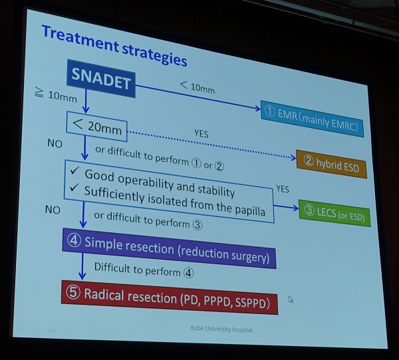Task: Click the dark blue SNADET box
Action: pos(101,79)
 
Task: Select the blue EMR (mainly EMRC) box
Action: pos(312,119)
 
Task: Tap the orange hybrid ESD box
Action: pos(332,164)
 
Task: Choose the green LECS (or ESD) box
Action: pos(334,213)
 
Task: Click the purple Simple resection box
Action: pos(169,248)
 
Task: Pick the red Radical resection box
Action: pos(170,297)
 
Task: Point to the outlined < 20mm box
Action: pos(96,126)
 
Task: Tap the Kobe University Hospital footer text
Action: pos(221,329)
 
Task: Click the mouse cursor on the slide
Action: pos(291,299)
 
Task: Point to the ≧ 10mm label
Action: pos(56,94)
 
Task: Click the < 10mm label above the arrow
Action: pos(198,87)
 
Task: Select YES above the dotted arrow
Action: pos(201,133)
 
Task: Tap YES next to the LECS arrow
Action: pos(283,189)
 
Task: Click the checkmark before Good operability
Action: pos(74,170)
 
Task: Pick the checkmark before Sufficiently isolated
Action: pos(74,187)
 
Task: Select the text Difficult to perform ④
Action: pos(144,270)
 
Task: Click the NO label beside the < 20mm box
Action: pos(55,144)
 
